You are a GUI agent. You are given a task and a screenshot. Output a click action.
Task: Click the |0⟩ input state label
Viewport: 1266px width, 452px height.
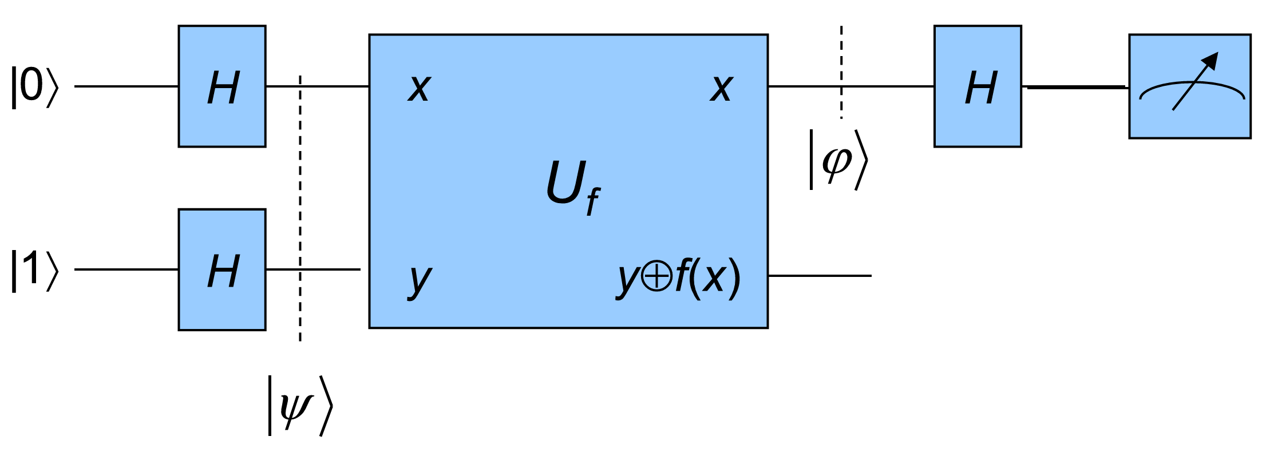tap(34, 87)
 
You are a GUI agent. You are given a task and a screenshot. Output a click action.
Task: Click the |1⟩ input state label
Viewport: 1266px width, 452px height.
tap(34, 270)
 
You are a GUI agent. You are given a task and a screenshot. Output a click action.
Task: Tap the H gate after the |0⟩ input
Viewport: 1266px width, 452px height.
tap(222, 86)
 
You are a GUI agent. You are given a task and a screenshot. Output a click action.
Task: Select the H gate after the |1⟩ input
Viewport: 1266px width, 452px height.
tap(222, 269)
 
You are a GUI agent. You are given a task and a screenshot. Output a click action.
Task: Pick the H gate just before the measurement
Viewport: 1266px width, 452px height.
tap(978, 86)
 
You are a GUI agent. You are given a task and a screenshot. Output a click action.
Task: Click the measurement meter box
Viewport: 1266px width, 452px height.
tap(1189, 86)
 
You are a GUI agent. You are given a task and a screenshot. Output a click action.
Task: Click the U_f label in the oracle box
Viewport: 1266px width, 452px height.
tap(572, 186)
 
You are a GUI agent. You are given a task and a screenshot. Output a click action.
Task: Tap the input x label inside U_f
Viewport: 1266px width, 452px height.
tap(419, 88)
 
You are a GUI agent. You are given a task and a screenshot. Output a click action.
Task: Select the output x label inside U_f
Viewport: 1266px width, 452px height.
tap(721, 88)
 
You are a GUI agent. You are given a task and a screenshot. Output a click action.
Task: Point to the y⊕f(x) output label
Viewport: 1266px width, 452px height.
tap(679, 278)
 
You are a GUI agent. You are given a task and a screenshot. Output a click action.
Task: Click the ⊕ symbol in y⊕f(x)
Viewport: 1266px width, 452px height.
tap(656, 278)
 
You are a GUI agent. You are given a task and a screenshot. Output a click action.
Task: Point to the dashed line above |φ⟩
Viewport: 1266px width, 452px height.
tap(841, 57)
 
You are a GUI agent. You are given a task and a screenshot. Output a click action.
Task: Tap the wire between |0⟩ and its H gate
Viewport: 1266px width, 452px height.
tap(126, 86)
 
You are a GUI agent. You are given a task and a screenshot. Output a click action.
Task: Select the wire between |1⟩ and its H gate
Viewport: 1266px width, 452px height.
tap(126, 269)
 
